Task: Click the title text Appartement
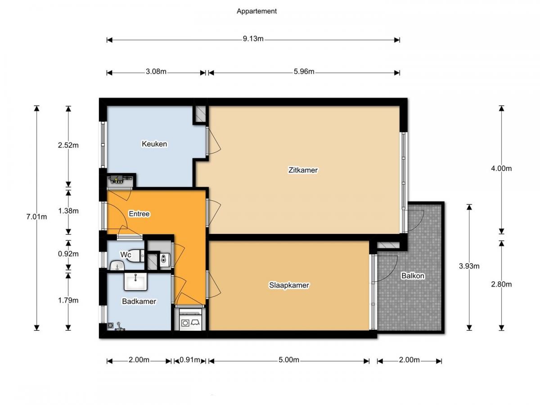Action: [256, 11]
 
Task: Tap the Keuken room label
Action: [154, 144]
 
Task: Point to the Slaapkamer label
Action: [289, 285]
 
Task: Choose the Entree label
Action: [139, 214]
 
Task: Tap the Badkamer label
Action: [139, 301]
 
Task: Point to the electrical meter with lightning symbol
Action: [120, 180]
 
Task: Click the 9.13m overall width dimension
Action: [253, 39]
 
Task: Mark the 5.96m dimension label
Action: [303, 72]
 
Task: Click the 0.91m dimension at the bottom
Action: [190, 360]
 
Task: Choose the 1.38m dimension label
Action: [68, 211]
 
